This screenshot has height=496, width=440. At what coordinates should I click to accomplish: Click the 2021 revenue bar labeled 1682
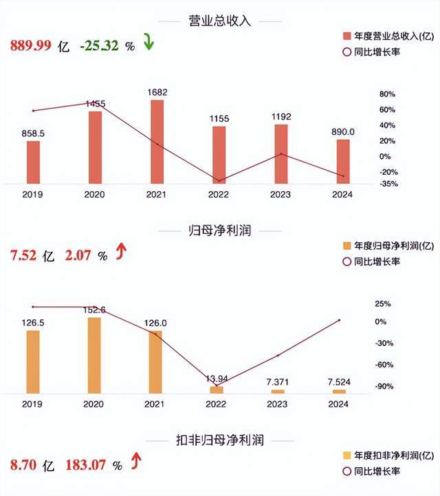tap(157, 142)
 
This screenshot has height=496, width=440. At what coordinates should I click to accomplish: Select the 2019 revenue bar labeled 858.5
tap(33, 162)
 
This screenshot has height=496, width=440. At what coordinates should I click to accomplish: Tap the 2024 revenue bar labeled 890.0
tap(343, 162)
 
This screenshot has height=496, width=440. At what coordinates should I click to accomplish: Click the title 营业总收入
tap(219, 21)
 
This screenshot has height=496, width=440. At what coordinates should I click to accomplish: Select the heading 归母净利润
tap(219, 230)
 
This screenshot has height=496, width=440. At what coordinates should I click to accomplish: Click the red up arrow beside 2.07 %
tap(122, 254)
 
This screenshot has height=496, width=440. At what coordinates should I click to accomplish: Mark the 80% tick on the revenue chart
tap(387, 94)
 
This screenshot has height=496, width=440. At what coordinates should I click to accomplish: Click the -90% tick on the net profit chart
tap(384, 387)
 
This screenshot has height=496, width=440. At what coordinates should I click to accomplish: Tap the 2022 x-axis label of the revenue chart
tap(219, 195)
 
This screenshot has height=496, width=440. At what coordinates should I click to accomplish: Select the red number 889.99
tap(30, 46)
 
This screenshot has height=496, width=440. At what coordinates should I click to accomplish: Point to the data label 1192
tap(281, 117)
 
